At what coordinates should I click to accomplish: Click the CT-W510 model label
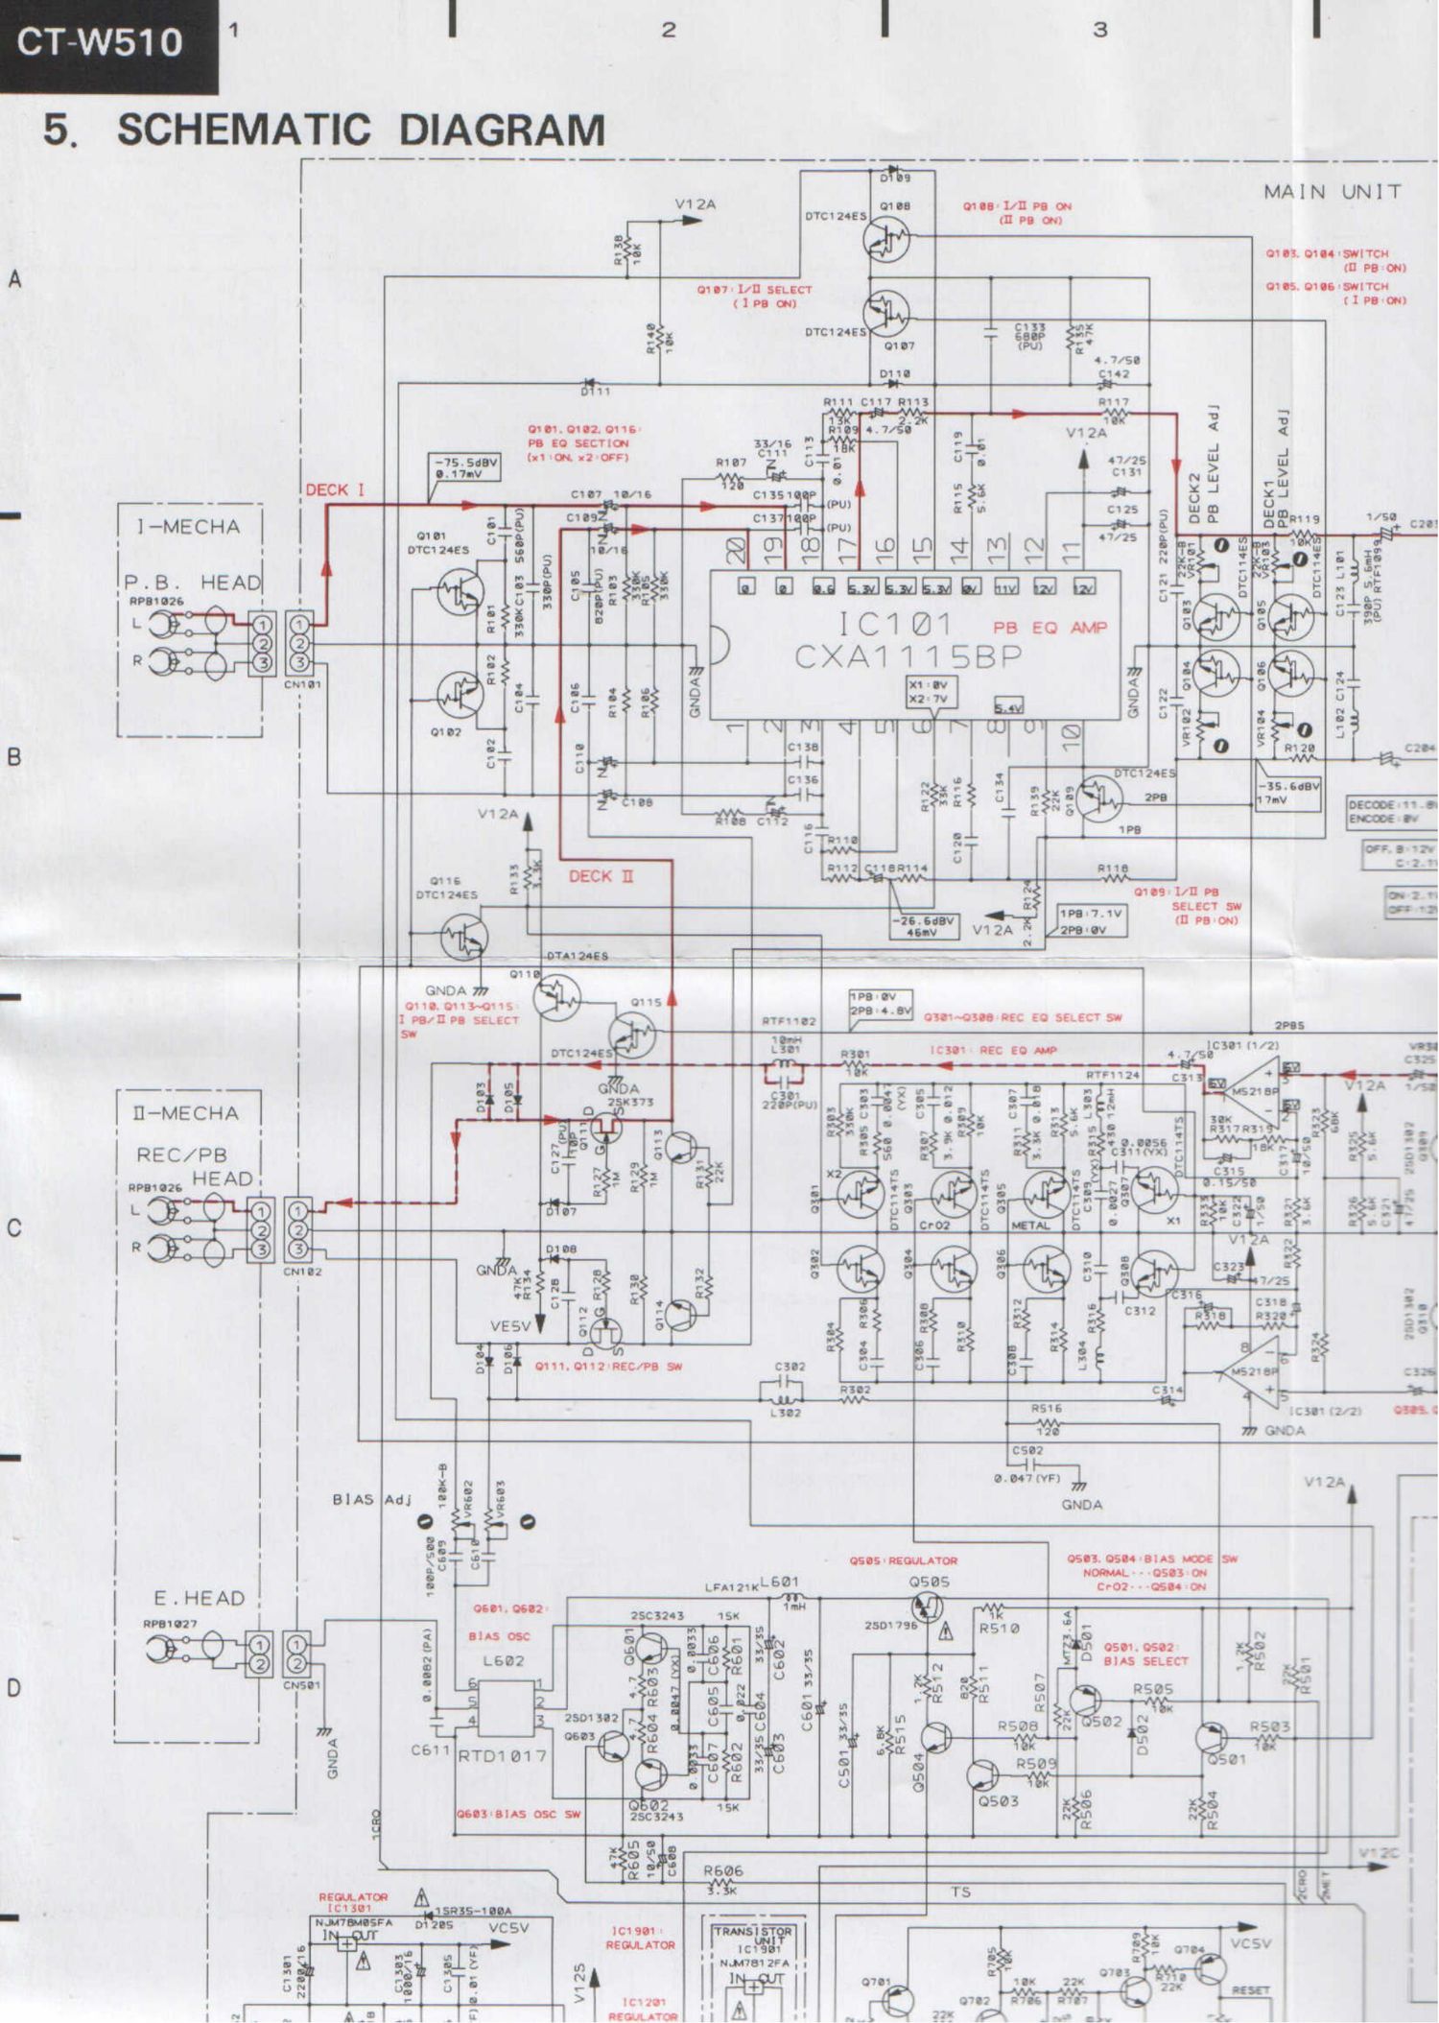[x=101, y=42]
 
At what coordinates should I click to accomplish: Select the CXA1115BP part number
[x=908, y=656]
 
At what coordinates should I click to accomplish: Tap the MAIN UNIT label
[x=1332, y=192]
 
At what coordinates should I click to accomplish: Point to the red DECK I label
[x=335, y=490]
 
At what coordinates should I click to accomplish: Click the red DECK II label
[x=601, y=876]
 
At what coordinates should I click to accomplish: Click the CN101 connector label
[x=302, y=685]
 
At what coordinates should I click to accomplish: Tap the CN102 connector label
[x=302, y=1272]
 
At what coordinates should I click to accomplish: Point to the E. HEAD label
[x=200, y=1598]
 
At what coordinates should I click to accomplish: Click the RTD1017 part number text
[x=502, y=1755]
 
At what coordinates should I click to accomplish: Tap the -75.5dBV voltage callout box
[x=465, y=467]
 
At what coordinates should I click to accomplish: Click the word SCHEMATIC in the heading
[x=244, y=130]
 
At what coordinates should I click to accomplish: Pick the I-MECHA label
[x=188, y=527]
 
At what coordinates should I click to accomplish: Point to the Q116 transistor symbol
[x=464, y=936]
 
